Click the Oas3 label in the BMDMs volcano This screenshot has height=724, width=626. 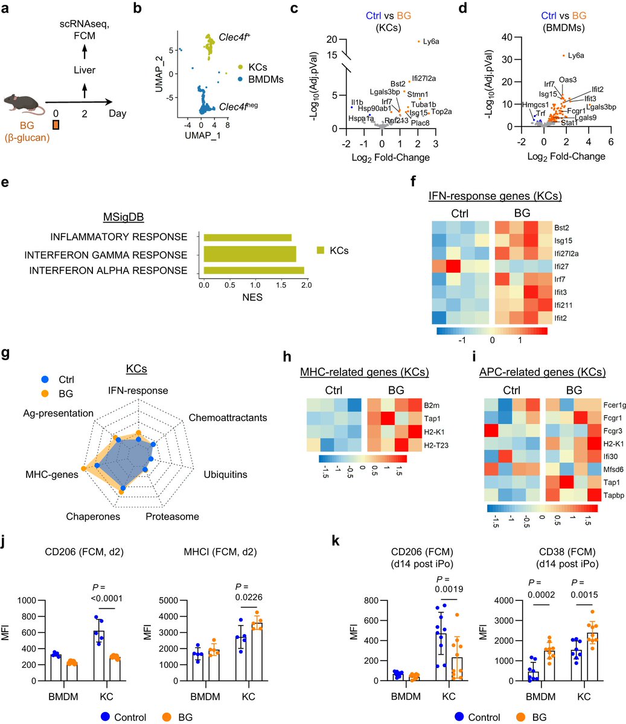(x=567, y=79)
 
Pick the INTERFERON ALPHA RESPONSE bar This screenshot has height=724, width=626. (x=254, y=271)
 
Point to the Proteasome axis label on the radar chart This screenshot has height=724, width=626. (x=172, y=516)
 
